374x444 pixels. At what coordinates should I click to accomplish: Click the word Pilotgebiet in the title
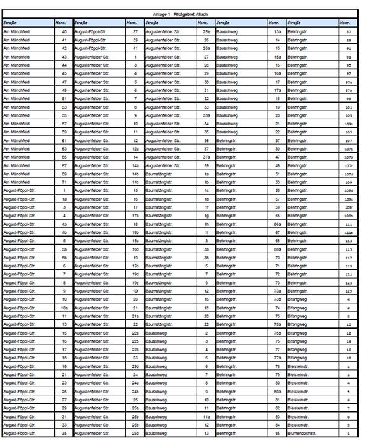pyautogui.click(x=184, y=13)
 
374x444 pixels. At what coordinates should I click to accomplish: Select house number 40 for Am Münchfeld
pyautogui.click(x=64, y=30)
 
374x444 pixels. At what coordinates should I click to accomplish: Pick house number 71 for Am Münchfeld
pyautogui.click(x=64, y=182)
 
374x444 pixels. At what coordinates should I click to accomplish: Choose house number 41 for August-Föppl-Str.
pyautogui.click(x=135, y=47)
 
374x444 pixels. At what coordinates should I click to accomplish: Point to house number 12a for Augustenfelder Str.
pyautogui.click(x=135, y=148)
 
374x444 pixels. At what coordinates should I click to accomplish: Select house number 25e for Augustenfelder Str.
pyautogui.click(x=206, y=30)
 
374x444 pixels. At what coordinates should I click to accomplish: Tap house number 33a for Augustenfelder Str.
pyautogui.click(x=206, y=115)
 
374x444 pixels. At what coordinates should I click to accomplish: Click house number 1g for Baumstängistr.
pyautogui.click(x=206, y=216)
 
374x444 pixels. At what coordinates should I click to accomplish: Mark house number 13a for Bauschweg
pyautogui.click(x=278, y=30)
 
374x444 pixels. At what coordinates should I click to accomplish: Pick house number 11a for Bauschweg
pyautogui.click(x=206, y=417)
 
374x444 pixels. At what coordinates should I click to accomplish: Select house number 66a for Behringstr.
pyautogui.click(x=278, y=224)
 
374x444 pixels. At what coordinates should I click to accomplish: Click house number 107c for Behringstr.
pyautogui.click(x=349, y=165)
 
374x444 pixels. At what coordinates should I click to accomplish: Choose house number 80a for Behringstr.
pyautogui.click(x=278, y=392)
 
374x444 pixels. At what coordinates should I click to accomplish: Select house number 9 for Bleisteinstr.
pyautogui.click(x=349, y=425)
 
